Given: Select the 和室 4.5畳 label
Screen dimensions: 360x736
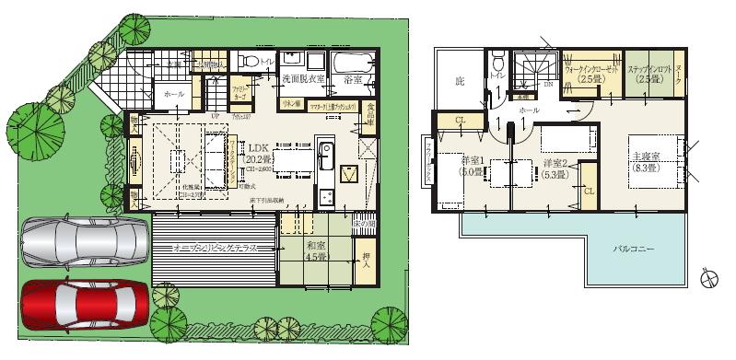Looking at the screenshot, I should pos(303,251).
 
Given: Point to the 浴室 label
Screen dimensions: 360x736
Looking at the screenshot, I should pos(352,80).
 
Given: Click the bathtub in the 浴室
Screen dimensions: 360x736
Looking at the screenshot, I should pos(351,64).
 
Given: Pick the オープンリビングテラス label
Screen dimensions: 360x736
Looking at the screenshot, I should pos(215,249).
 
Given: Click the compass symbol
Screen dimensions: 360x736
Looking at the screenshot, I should pos(709,277).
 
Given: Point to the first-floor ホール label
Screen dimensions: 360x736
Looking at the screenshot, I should pos(173,95).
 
